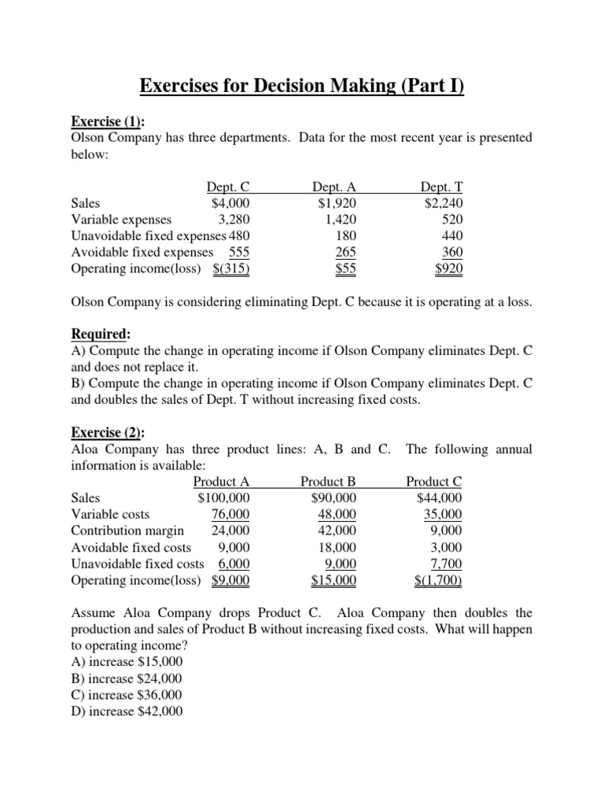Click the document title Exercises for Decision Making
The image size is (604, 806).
tap(302, 84)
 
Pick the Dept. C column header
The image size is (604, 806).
tap(228, 187)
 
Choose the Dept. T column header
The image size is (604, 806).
tap(441, 187)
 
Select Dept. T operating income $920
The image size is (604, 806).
tap(449, 268)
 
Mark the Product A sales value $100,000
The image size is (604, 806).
tap(224, 497)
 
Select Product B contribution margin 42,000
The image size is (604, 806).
tap(336, 531)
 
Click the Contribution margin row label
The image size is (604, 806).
tap(127, 531)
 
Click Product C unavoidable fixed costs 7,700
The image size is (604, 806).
tap(447, 564)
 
